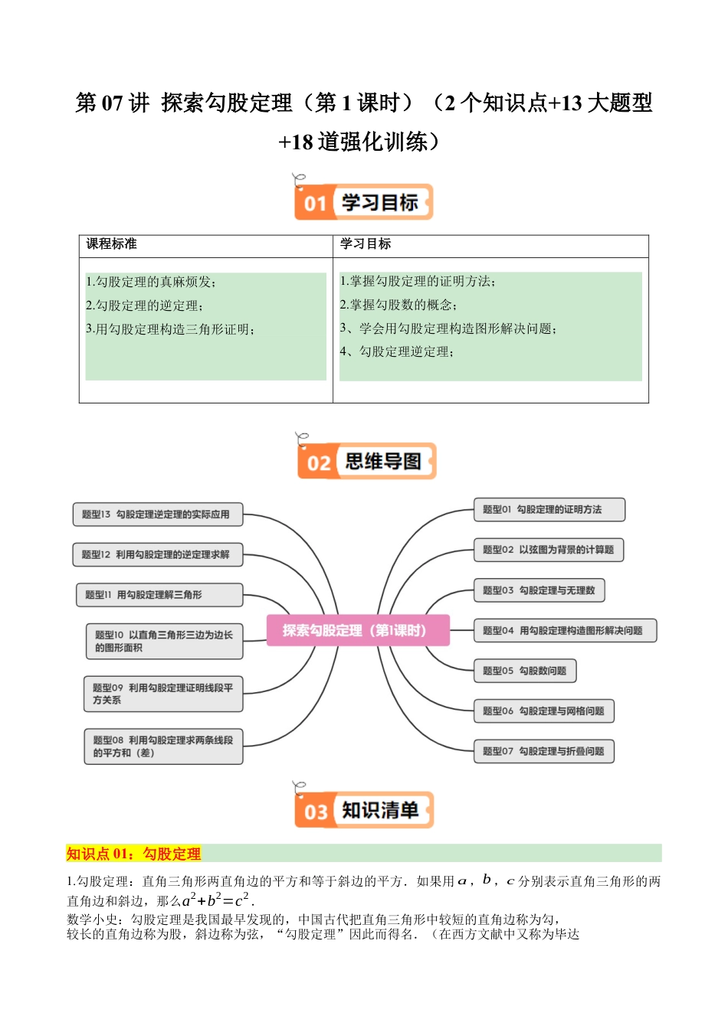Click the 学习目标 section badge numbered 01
point(363,203)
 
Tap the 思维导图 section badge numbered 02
point(366,462)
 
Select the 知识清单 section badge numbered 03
point(364,810)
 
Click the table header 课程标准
point(112,244)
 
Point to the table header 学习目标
point(366,244)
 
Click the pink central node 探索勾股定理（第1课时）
point(358,630)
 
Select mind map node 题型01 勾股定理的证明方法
point(549,510)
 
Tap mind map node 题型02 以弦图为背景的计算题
point(548,550)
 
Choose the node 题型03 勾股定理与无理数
point(539,590)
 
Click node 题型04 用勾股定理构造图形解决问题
point(565,631)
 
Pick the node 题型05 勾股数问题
point(524,671)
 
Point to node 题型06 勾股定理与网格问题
point(543,711)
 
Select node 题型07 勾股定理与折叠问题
point(543,751)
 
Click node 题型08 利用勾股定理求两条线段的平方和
point(163,746)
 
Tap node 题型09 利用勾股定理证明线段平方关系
point(163,694)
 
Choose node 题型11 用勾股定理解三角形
point(159,595)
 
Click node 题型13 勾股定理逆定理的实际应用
point(157,514)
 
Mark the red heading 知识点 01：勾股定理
point(133,854)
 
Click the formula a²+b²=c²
point(215,900)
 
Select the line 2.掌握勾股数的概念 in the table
point(398,305)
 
